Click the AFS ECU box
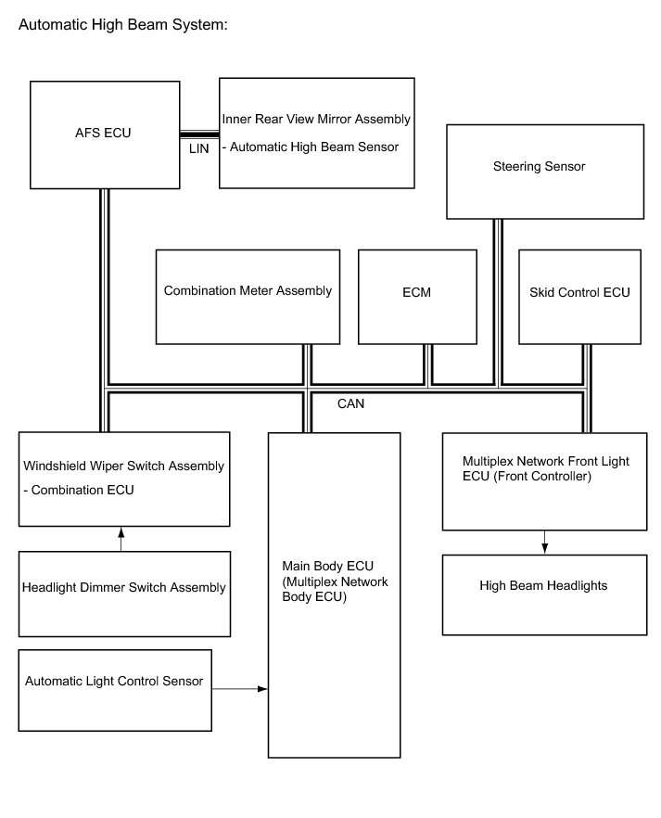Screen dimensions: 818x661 (x=103, y=134)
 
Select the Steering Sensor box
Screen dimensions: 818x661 (x=544, y=172)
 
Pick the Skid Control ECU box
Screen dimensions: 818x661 (x=579, y=294)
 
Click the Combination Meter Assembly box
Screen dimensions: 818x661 (x=248, y=294)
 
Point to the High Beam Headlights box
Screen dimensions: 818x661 (x=543, y=594)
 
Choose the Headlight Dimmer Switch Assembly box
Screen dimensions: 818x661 (x=123, y=594)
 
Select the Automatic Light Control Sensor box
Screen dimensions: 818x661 (x=114, y=689)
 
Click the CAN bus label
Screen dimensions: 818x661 (x=350, y=403)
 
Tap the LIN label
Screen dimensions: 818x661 (x=198, y=148)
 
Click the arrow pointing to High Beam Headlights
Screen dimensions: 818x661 (x=544, y=543)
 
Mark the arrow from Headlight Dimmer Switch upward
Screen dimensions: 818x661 (x=121, y=539)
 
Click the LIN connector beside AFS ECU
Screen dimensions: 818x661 (x=198, y=134)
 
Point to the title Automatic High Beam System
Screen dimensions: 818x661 (x=123, y=25)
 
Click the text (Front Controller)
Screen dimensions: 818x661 (x=527, y=477)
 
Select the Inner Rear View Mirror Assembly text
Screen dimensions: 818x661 (x=316, y=119)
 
